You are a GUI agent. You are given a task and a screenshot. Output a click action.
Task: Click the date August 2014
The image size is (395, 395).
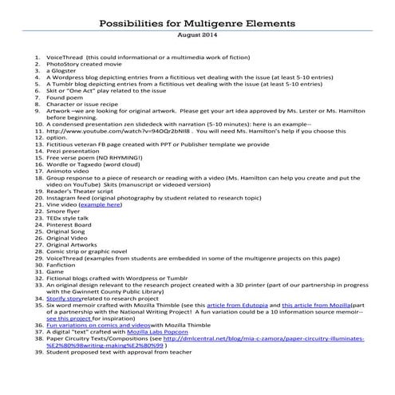click(197, 36)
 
